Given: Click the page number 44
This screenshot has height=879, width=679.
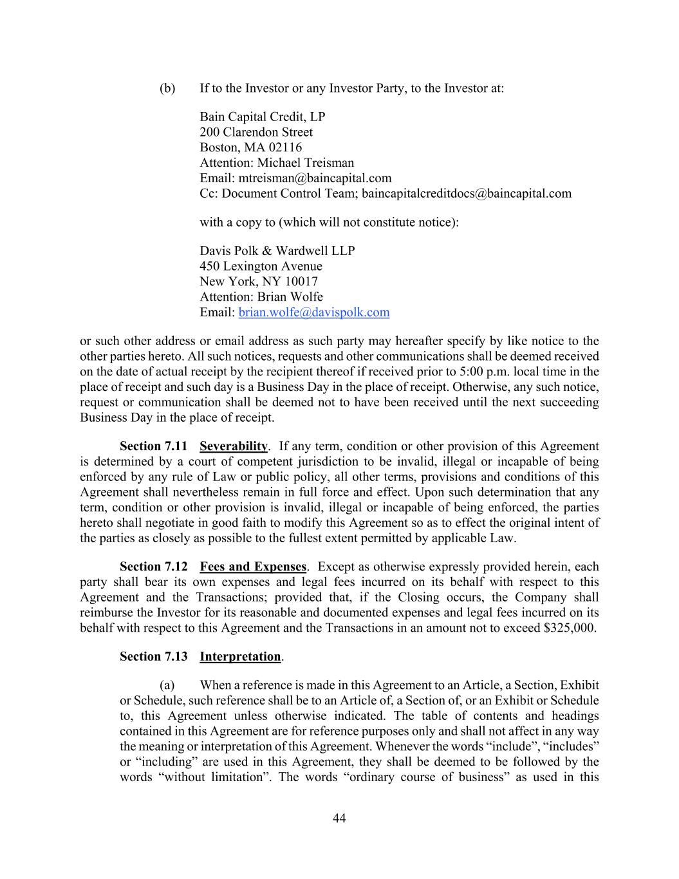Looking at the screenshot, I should coord(339,818).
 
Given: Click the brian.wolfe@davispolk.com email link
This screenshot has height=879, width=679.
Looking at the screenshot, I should coord(313,312).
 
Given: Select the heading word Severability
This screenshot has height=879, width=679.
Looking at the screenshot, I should coord(234,446).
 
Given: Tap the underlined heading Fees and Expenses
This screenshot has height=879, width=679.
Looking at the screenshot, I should coord(253,567).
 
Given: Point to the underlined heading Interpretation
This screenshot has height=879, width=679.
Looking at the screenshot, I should coord(240,656).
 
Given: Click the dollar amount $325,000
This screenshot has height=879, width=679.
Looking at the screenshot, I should coord(569,628).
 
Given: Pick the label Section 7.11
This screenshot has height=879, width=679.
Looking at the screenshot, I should coord(153,446).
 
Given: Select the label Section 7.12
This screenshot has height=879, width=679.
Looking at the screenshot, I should coord(153,567).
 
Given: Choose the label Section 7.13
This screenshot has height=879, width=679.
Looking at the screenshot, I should coord(153,656).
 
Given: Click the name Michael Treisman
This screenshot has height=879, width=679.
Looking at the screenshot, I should coord(306,163).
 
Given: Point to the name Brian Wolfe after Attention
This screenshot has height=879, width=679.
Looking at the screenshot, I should coord(290,297).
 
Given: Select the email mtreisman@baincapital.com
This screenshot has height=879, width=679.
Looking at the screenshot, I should coord(315,178).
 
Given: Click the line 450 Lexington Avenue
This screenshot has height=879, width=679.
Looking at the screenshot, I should coord(261,266).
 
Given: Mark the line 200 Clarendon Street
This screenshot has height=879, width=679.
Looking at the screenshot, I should coord(256,132).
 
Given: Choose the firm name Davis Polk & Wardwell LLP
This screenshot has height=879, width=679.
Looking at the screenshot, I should coord(277,250).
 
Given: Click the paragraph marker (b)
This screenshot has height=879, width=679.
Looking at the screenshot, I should coord(167,88).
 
